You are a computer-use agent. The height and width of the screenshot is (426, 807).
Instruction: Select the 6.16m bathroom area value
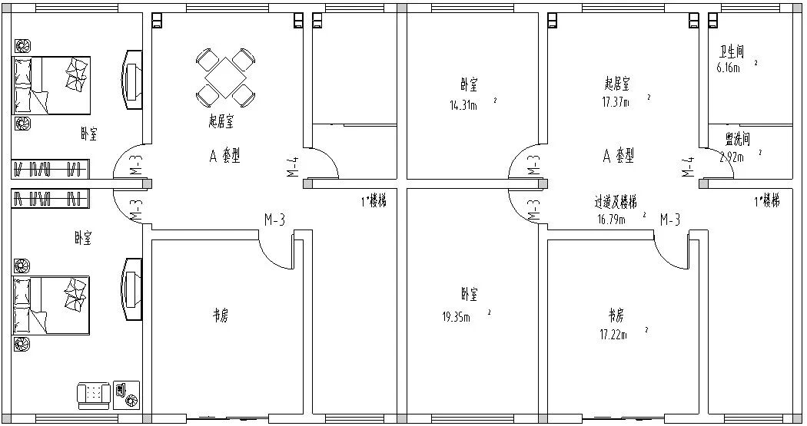tap(727, 68)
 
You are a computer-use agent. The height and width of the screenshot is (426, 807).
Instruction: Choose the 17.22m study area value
tap(613, 334)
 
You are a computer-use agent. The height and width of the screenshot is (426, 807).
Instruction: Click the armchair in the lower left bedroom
tap(93, 395)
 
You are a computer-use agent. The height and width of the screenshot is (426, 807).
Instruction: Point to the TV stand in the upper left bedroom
tap(131, 78)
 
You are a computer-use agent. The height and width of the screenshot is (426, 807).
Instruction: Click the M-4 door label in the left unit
tap(293, 167)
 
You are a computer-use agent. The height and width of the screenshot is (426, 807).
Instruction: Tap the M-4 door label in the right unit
tap(689, 167)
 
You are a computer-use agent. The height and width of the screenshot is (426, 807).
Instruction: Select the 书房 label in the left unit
tap(220, 315)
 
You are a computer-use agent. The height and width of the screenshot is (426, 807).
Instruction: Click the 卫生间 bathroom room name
tap(731, 52)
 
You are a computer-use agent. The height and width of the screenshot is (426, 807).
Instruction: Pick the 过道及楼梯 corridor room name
tap(616, 203)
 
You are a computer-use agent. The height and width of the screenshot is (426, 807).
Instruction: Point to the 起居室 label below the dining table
tap(221, 121)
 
